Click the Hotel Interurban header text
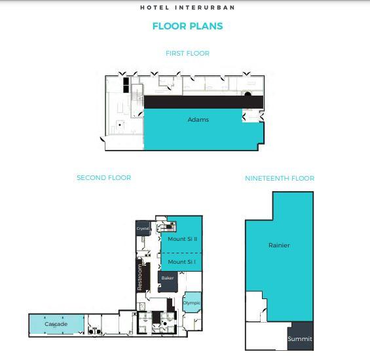coord(187,8)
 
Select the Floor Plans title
coord(187,26)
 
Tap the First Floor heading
coord(187,53)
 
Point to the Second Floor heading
coord(104,177)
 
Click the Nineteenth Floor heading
coord(280,178)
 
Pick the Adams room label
coord(198,120)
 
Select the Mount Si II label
coord(183,239)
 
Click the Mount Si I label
coord(181,262)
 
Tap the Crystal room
coord(143,228)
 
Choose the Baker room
coord(168,281)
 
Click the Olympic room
coord(192,302)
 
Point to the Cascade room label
coord(56,324)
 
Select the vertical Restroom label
coord(139,278)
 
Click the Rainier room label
coord(280,245)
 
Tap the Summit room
coord(301,336)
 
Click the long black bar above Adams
coord(204,102)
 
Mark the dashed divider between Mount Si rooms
coord(181,253)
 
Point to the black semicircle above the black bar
coord(248,94)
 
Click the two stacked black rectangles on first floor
coord(126,85)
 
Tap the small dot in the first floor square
coord(120,124)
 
